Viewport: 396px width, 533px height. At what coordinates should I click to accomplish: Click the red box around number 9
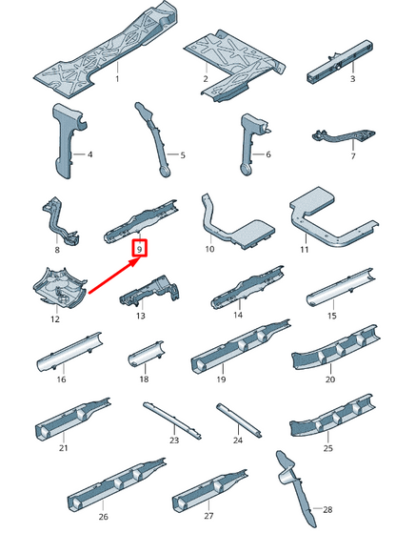coord(140,248)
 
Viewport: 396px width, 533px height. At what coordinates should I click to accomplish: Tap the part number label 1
coord(117,78)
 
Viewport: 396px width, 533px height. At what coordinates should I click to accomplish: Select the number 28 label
coord(327,509)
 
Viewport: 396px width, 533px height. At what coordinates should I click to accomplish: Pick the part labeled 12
coord(60,288)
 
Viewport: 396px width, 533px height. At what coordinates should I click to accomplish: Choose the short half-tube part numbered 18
coord(146,354)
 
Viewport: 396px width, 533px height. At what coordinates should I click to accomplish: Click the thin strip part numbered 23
coord(172,420)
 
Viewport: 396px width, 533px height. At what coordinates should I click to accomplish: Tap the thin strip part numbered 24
coord(239,420)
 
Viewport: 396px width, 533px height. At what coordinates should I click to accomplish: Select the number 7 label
coord(353,156)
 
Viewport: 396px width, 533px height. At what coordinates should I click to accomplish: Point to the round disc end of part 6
coord(246,170)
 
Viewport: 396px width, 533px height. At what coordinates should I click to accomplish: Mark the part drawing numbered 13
coord(150,291)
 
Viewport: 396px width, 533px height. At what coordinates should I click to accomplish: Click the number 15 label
coord(332,316)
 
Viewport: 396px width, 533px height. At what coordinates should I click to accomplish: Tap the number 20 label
coord(330,379)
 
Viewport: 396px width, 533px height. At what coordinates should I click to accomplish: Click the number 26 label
coord(104,517)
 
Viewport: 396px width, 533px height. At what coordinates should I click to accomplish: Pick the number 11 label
coord(305,250)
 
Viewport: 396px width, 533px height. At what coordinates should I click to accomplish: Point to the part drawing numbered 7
coord(344,136)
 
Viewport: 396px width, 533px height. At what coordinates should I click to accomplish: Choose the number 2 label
coord(206,78)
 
